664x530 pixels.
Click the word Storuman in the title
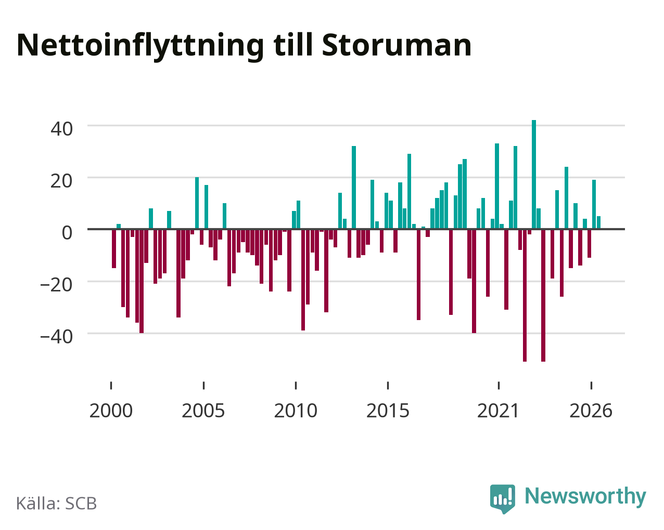397,45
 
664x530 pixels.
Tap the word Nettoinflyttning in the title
140,47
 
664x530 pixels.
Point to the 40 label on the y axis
62,129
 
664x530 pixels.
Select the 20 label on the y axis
62,181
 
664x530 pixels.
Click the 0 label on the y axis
67,233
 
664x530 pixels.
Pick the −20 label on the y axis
57,285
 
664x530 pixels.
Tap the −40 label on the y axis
57,337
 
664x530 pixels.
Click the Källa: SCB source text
57,504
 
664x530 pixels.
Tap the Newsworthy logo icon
503,499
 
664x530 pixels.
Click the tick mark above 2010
296,386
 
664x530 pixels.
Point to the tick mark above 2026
591,386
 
